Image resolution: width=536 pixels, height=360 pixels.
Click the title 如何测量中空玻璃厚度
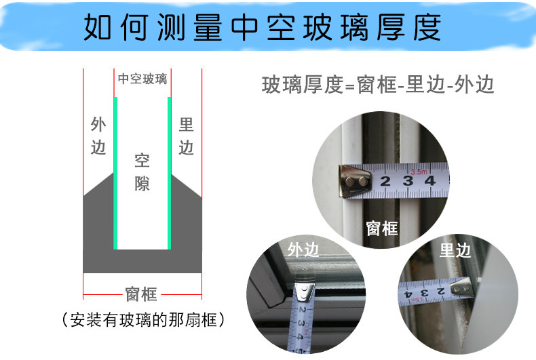pyautogui.click(x=263, y=27)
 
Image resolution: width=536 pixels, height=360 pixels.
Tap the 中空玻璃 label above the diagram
pyautogui.click(x=142, y=79)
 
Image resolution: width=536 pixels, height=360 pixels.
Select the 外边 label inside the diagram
pyautogui.click(x=98, y=136)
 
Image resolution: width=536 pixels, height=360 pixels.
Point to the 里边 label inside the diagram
pyautogui.click(x=187, y=136)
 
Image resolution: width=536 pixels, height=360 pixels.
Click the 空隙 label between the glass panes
pyautogui.click(x=142, y=172)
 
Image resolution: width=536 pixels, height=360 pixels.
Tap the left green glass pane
pyautogui.click(x=115, y=173)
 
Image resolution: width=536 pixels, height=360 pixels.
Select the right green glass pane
pyautogui.click(x=169, y=173)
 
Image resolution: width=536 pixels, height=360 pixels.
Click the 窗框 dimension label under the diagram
pyautogui.click(x=141, y=294)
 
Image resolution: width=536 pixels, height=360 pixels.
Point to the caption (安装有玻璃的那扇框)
pyautogui.click(x=144, y=320)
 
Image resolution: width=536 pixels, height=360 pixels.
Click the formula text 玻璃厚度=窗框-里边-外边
pyautogui.click(x=378, y=85)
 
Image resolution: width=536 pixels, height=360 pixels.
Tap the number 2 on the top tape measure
pyautogui.click(x=385, y=182)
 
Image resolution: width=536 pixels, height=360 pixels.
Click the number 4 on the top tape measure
pyautogui.click(x=429, y=181)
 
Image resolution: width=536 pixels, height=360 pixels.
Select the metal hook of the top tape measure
pyautogui.click(x=355, y=181)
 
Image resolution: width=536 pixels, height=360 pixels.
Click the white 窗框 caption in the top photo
pyautogui.click(x=382, y=228)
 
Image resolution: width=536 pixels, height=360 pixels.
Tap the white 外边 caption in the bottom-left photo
pyautogui.click(x=303, y=249)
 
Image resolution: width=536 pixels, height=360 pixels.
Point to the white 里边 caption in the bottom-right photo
pyautogui.click(x=455, y=250)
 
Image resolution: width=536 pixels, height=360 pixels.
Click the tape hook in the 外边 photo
pyautogui.click(x=305, y=292)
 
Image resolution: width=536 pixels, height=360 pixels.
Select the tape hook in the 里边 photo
pyautogui.click(x=462, y=288)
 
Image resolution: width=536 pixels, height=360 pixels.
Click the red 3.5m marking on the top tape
pyautogui.click(x=419, y=172)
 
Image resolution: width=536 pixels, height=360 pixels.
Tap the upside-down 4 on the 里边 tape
pyautogui.click(x=408, y=295)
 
